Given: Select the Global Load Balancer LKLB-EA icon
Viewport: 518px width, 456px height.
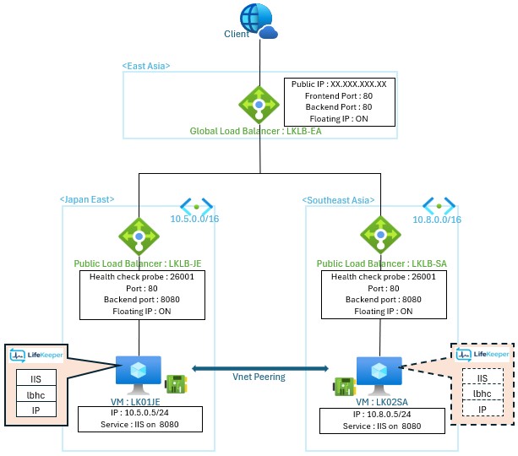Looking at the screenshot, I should [x=259, y=106].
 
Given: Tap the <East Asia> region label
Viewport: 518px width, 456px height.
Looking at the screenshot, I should [x=146, y=65].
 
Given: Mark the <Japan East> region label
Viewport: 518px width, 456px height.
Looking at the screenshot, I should [x=87, y=199].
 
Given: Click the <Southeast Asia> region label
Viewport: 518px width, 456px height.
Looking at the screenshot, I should [x=337, y=199].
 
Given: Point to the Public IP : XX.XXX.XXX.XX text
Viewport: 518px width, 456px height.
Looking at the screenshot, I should [x=339, y=84].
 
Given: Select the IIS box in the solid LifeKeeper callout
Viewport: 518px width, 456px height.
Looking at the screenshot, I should [x=36, y=377].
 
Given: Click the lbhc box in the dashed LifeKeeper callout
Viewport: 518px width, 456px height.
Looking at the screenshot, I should [x=482, y=394].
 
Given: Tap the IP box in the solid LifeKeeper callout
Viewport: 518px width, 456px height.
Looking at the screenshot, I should [x=36, y=410].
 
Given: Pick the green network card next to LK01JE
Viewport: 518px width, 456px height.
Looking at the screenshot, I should [x=174, y=383].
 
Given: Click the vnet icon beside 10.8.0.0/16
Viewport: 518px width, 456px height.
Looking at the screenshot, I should [x=439, y=205].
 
